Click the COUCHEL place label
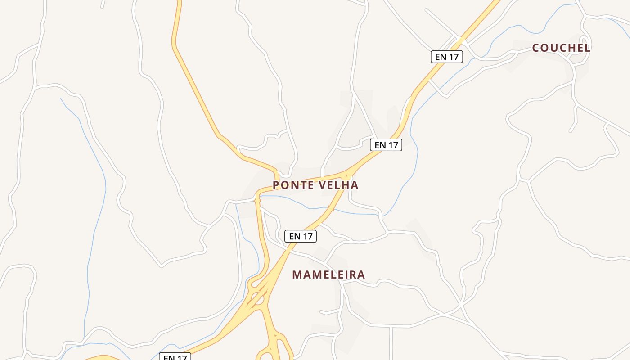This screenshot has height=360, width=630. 561,48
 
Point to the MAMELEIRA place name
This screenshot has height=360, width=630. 328,274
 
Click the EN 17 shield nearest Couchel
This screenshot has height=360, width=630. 446,57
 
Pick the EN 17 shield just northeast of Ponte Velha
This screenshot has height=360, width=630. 386,145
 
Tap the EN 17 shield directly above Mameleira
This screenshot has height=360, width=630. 301,236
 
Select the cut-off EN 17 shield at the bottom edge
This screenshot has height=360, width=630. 175,357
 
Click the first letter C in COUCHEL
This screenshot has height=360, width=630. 536,48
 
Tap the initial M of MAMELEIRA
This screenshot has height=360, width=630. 297,274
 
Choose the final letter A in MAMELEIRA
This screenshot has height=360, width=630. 361,274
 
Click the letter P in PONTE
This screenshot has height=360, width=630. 276,185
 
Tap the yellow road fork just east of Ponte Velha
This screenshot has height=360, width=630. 346,174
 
